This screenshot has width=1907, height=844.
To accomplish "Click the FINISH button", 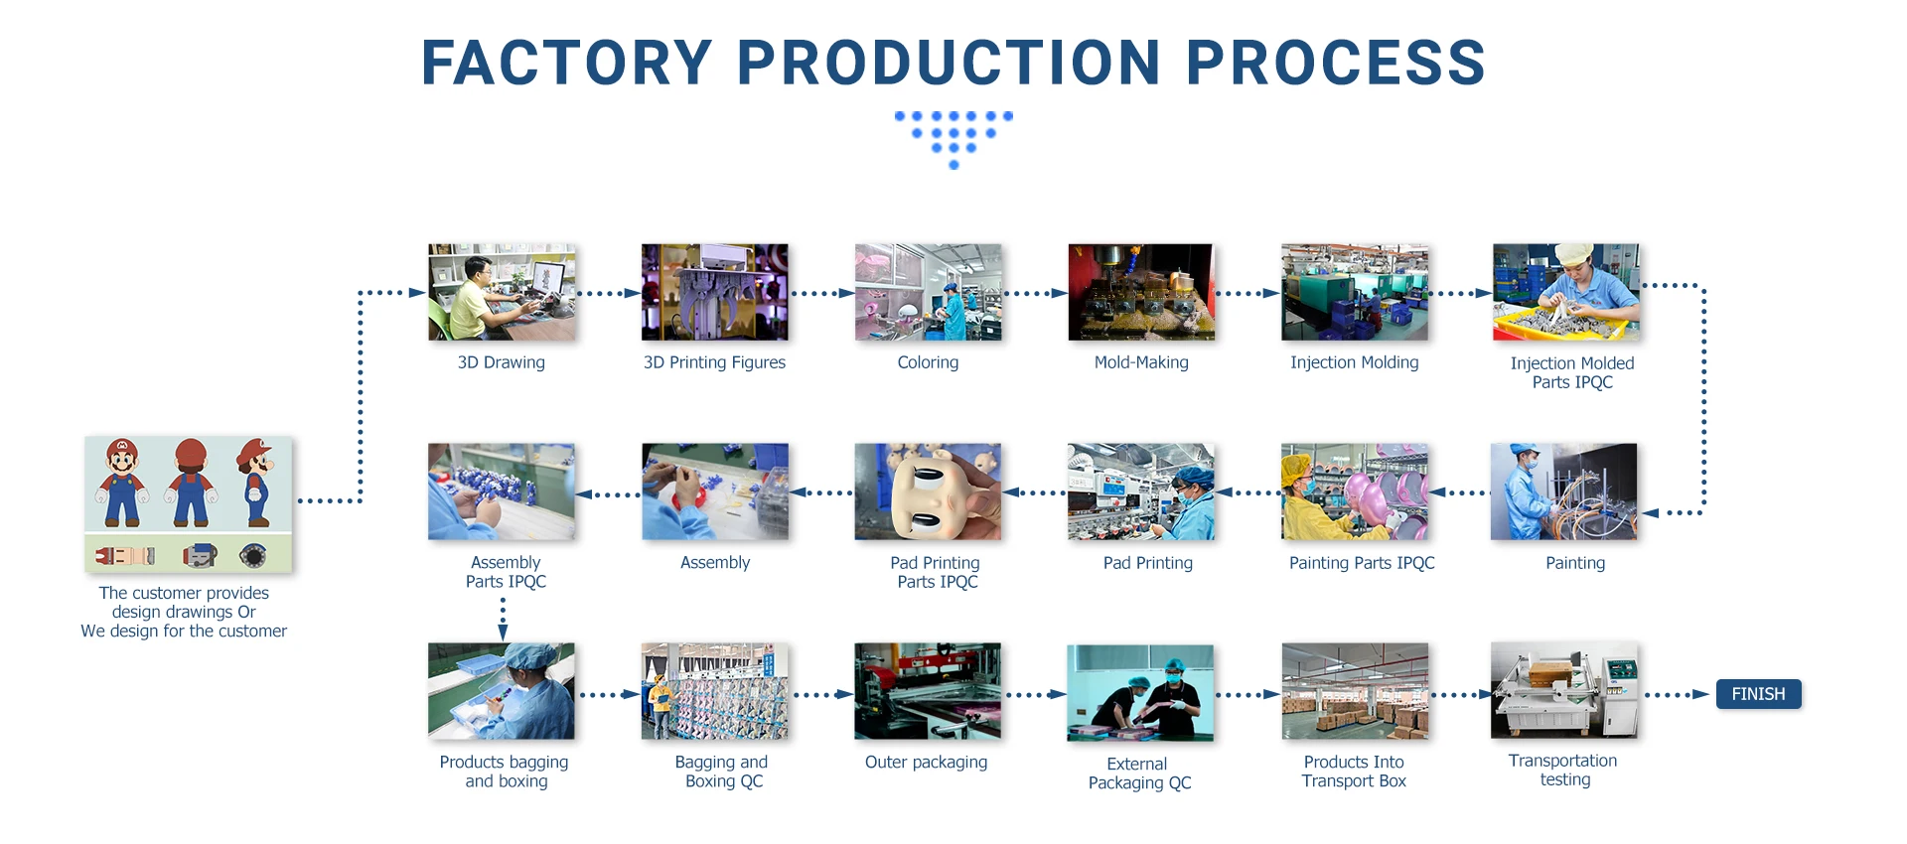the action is (x=1758, y=694).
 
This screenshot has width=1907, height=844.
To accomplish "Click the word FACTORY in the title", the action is (x=567, y=63).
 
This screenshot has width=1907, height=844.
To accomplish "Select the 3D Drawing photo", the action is (x=502, y=293).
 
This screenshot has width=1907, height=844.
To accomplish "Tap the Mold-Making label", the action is (x=1141, y=362).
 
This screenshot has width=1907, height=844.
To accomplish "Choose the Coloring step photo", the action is (x=929, y=293).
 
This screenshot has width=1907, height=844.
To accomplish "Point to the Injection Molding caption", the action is (x=1355, y=362).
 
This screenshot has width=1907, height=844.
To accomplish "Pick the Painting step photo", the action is (x=1564, y=492).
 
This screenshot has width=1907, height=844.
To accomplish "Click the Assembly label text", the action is (x=715, y=563).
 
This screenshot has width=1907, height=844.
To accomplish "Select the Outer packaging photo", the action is (x=928, y=691).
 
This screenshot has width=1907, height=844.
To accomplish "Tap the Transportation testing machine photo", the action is (x=1564, y=690).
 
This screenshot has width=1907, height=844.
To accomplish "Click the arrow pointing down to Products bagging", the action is (x=503, y=619).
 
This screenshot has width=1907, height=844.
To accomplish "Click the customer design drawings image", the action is (x=189, y=504).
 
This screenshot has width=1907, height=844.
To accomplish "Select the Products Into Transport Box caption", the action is (x=1354, y=772).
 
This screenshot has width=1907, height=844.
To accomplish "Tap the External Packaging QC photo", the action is (x=1140, y=693).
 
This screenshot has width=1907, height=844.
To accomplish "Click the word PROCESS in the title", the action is (x=1336, y=63).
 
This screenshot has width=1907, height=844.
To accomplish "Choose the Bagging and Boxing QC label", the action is (x=722, y=772).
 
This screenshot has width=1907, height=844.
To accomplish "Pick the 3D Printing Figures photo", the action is (x=715, y=293).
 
